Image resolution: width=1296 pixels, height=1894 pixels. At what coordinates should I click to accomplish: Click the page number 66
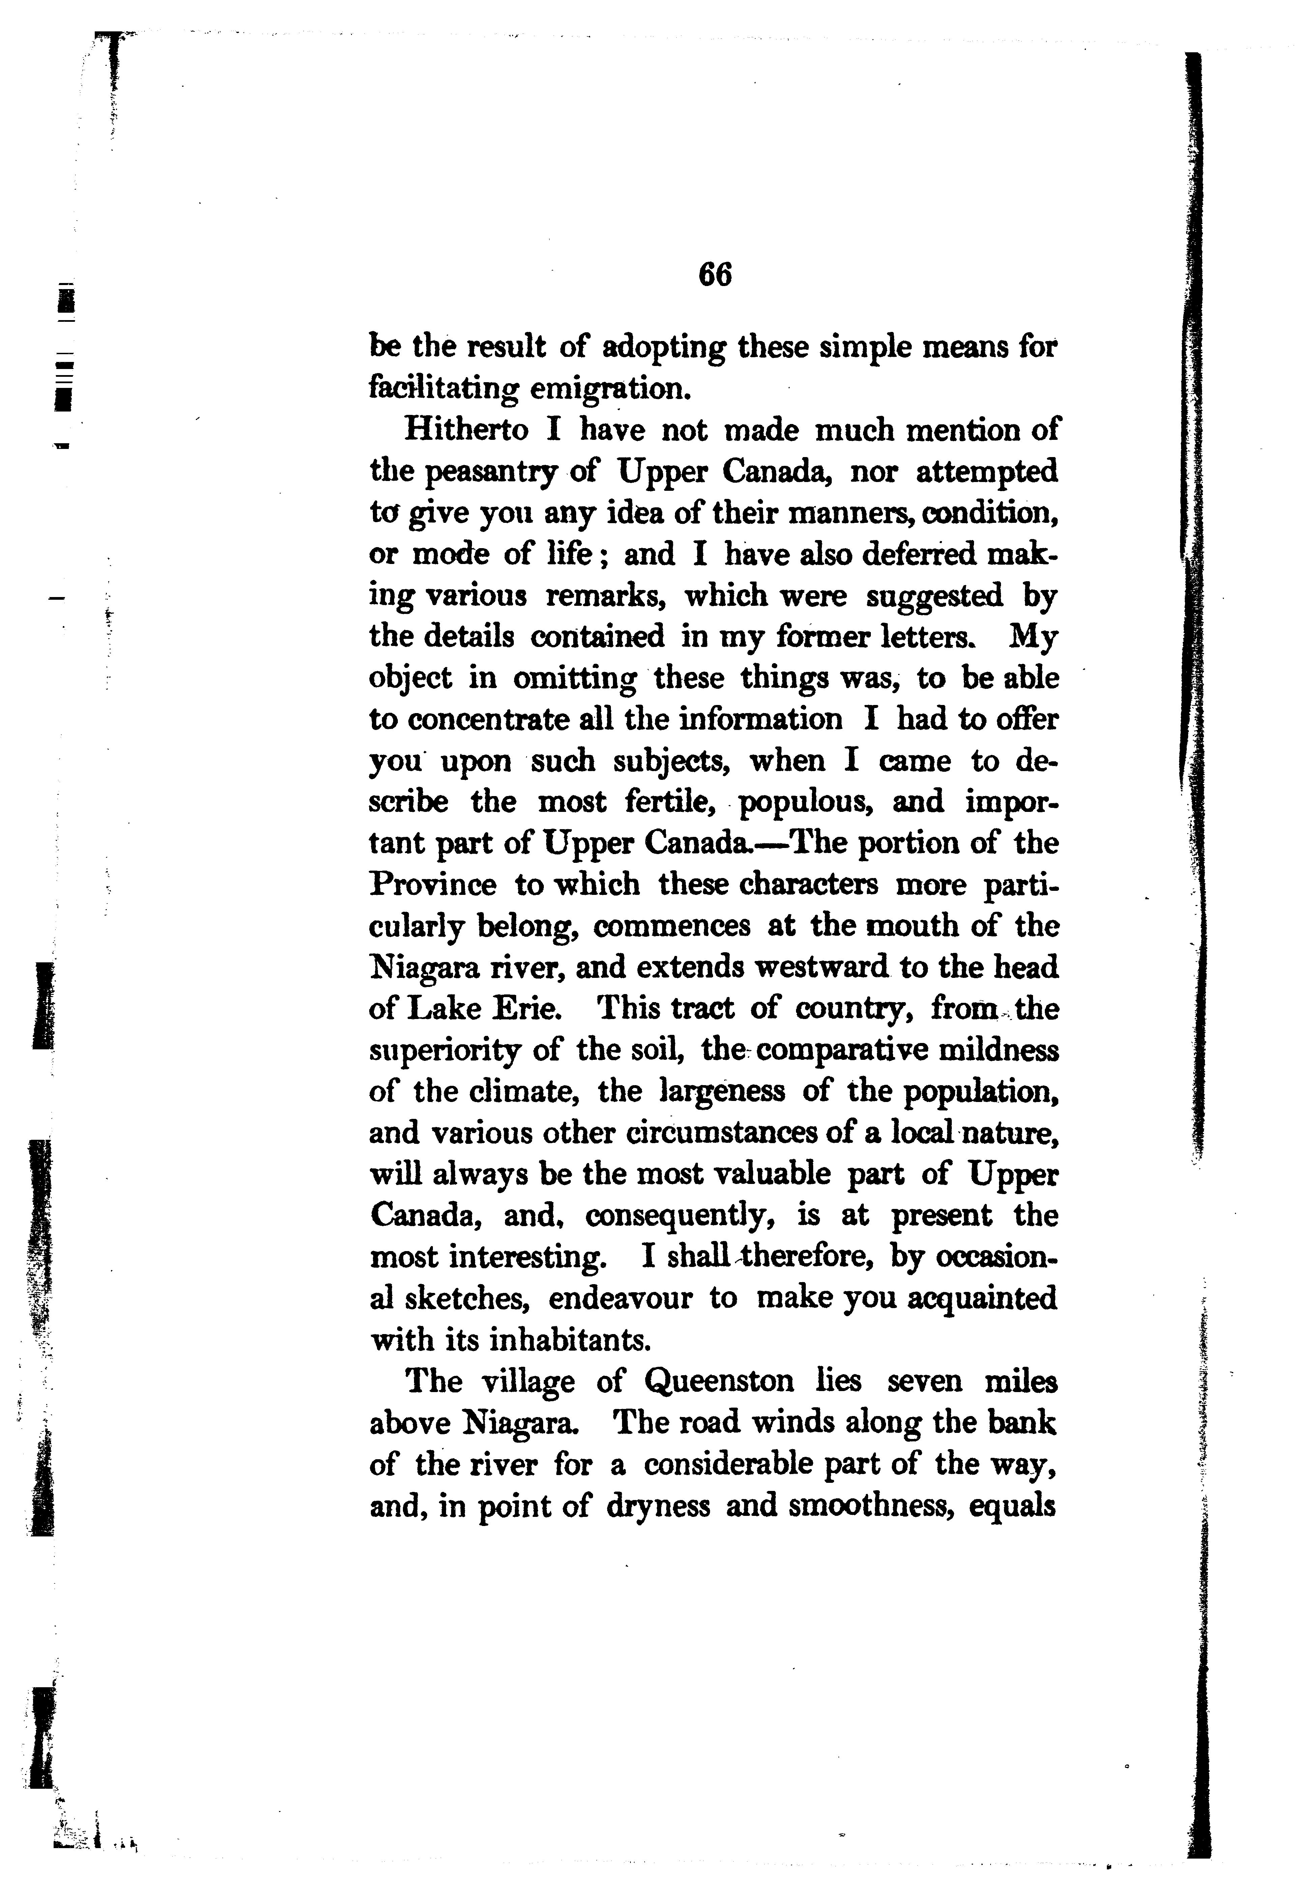(x=714, y=275)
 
